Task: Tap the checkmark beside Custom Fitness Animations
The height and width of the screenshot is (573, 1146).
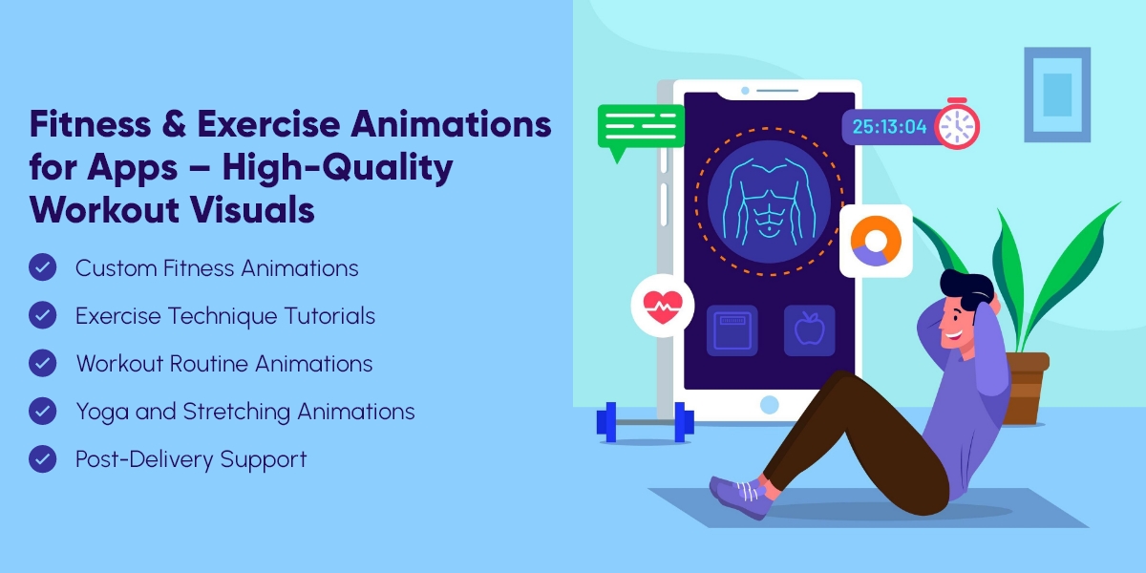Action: point(43,267)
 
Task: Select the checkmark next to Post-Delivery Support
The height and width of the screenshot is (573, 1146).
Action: point(43,458)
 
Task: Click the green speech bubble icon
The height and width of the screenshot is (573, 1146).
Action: point(641,128)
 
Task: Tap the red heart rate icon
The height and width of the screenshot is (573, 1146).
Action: point(662,306)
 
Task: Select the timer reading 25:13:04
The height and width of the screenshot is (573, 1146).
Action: point(889,126)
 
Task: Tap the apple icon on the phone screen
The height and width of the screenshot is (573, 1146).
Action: point(809,330)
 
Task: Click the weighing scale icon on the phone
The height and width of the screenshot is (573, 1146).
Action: point(732,330)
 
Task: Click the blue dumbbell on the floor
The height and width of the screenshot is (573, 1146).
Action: point(645,421)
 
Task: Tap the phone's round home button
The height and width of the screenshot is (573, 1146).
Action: point(769,405)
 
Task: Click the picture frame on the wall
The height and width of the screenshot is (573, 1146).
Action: point(1056,95)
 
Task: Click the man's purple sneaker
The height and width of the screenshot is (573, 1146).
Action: point(740,493)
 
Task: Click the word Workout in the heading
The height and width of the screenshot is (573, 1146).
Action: point(92,209)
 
